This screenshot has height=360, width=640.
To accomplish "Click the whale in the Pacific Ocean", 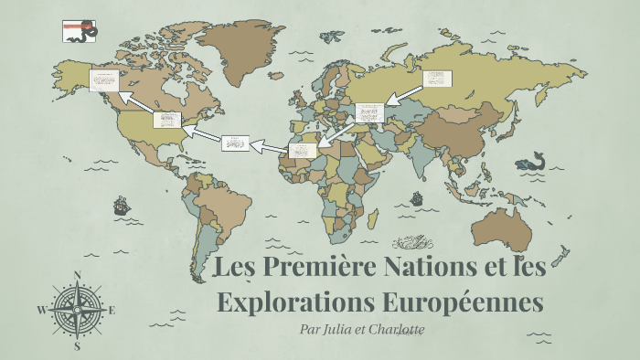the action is [529, 163].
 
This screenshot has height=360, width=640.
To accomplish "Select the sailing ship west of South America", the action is [121, 206].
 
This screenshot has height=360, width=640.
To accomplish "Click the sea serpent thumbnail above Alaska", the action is [77, 33].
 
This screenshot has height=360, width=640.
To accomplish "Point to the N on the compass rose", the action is [77, 274].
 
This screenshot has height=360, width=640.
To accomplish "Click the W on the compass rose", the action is [41, 310].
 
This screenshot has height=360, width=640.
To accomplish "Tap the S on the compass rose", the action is [78, 346].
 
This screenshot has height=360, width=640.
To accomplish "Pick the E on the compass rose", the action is [112, 311].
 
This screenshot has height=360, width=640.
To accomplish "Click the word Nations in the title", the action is [371, 270].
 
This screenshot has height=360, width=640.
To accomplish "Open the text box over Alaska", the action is [103, 80].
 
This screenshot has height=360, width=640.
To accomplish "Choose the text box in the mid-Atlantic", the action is [235, 143].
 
